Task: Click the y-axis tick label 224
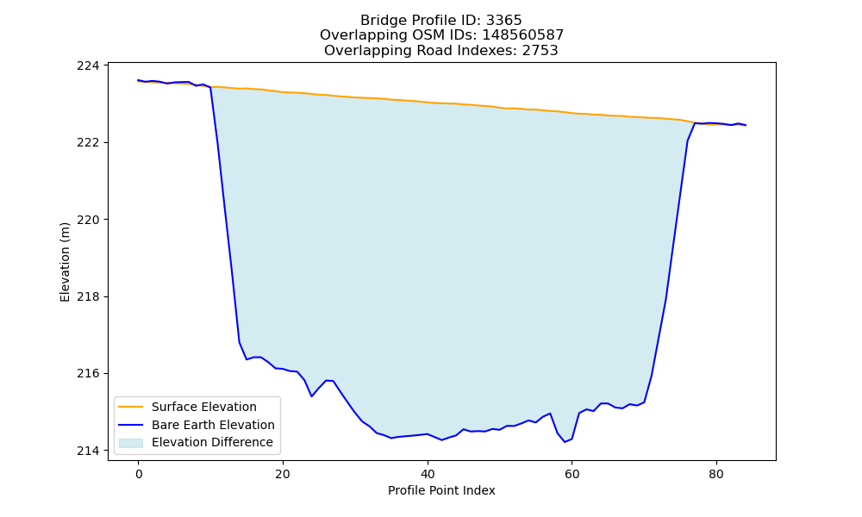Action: point(88,66)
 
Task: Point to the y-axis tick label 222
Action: point(88,143)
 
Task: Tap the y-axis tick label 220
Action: point(88,220)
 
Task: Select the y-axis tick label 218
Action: point(88,296)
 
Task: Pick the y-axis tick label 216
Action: point(88,374)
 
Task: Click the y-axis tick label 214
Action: point(88,451)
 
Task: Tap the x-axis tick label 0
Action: point(139,474)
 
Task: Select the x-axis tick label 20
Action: point(283,474)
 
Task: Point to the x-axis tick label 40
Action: point(428,474)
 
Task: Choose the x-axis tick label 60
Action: point(572,474)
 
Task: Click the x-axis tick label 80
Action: point(716,474)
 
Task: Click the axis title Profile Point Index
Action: point(441,490)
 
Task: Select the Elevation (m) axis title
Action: point(65,262)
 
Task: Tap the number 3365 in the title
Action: point(503,21)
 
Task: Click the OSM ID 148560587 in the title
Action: point(523,35)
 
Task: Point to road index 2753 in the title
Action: point(540,51)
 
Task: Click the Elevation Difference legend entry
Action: point(196,442)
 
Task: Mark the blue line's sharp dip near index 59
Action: point(565,442)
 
